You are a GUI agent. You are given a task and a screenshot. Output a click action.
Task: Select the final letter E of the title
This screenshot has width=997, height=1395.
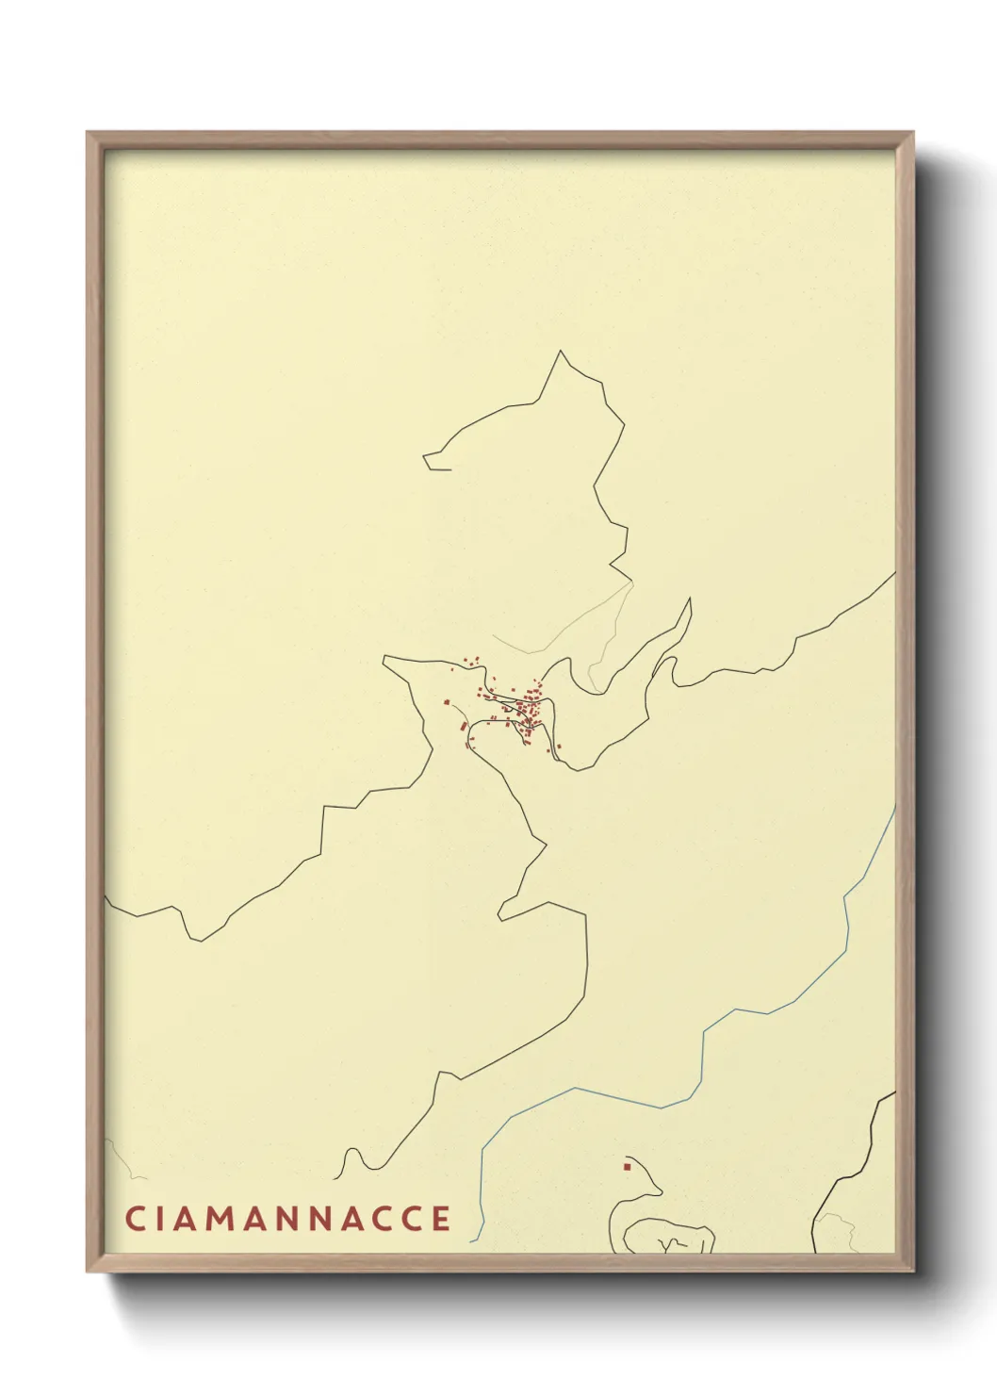(x=441, y=1218)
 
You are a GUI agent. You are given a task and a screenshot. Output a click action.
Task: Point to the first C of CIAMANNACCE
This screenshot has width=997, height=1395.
(x=134, y=1218)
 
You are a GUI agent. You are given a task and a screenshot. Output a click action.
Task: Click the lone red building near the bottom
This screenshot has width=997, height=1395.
(x=626, y=1167)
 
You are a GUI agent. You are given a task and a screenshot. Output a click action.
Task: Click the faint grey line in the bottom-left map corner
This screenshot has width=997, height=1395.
(x=118, y=1155)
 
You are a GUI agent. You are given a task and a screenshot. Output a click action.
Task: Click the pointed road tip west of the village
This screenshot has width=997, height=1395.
(x=384, y=658)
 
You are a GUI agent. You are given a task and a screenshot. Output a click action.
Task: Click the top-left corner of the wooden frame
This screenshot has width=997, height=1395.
(x=88, y=133)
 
